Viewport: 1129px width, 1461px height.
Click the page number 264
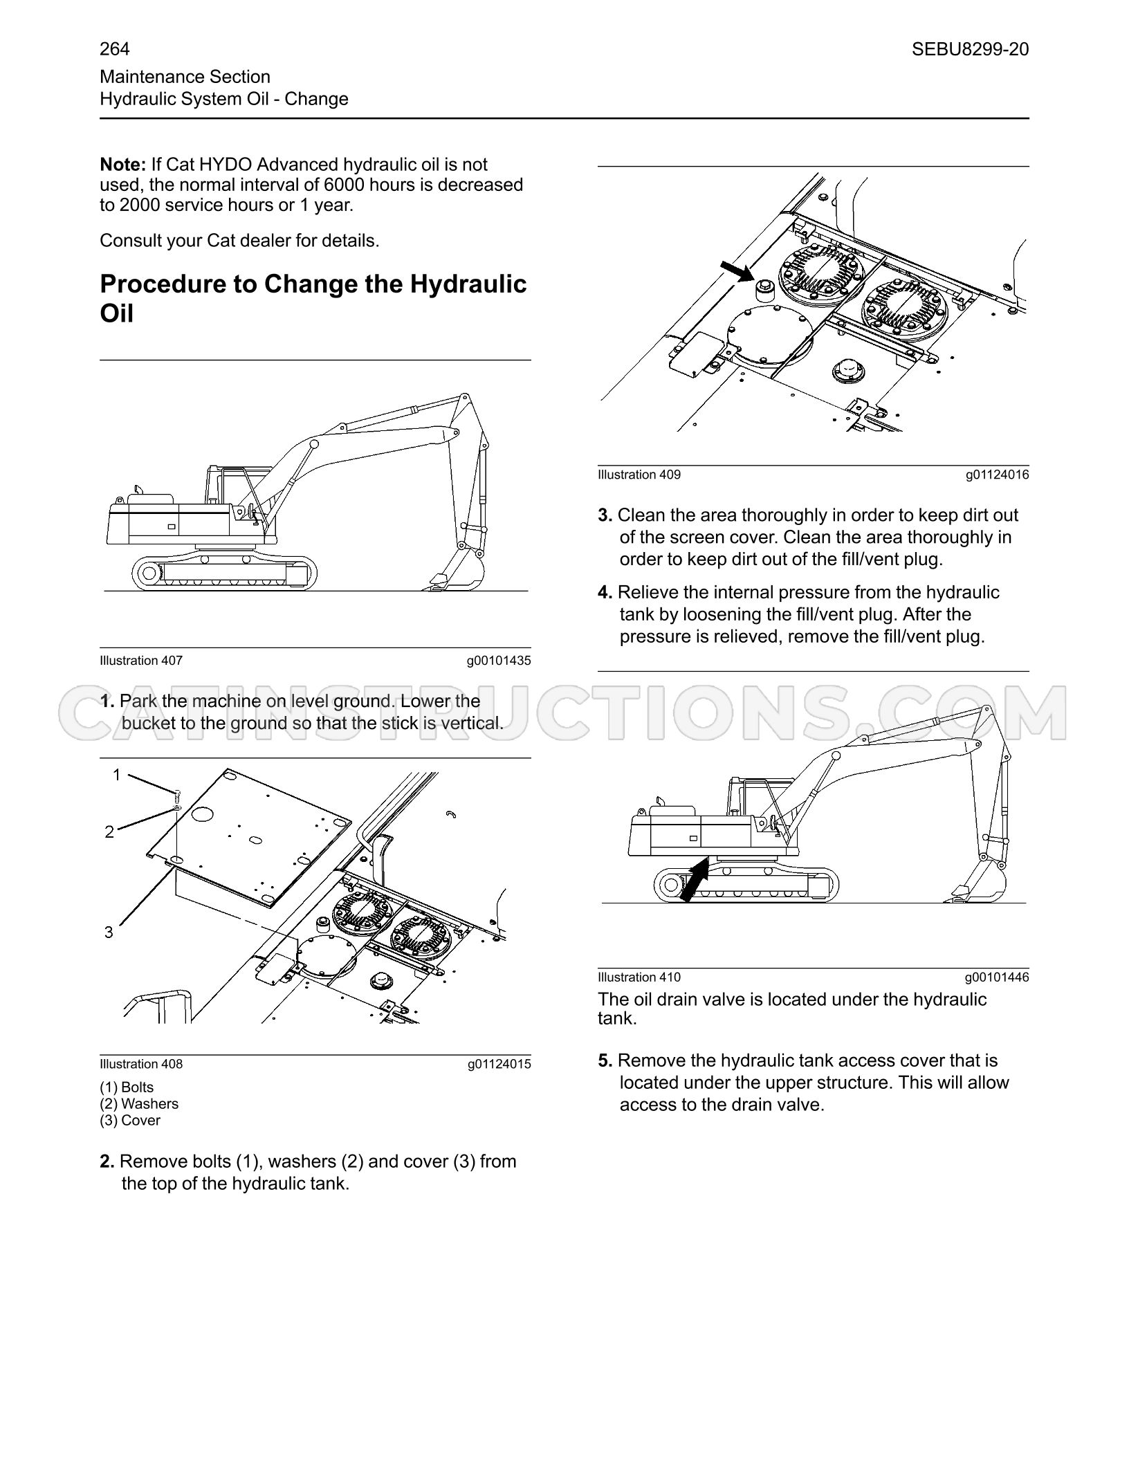pos(115,49)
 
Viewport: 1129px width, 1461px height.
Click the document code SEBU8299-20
pos(970,49)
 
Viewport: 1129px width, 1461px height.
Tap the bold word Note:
pos(123,165)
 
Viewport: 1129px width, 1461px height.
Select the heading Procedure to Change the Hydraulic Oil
pos(313,298)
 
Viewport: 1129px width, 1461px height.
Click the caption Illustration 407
pos(141,661)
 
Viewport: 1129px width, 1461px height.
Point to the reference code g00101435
pos(499,661)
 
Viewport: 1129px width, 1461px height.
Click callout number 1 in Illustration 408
pos(117,775)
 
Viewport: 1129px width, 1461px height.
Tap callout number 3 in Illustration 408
pos(109,932)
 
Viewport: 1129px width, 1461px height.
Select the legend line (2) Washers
pos(139,1104)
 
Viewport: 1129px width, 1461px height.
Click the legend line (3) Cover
pos(130,1121)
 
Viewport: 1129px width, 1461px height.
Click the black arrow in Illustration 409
pos(737,270)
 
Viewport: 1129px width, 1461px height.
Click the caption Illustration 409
pos(639,475)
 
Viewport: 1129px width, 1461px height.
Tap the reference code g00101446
pos(997,977)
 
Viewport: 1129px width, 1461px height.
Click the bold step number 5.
pos(605,1060)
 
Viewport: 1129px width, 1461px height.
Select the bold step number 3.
pos(605,515)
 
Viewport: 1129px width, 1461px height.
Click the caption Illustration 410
pos(639,977)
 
